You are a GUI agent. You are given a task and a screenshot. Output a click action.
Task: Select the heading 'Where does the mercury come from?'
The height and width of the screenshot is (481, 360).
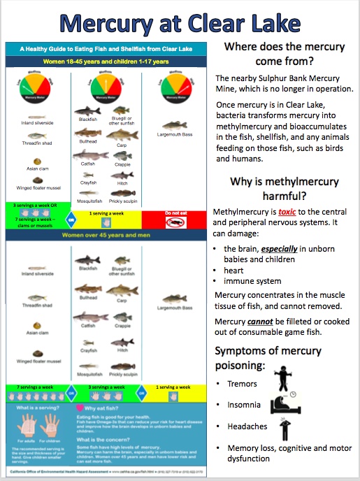pos(284,54)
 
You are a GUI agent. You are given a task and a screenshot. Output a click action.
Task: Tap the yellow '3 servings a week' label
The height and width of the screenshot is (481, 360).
pos(108,387)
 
